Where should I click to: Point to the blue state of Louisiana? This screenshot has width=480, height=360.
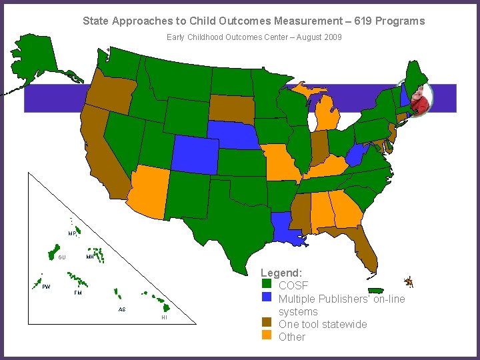[x=287, y=229]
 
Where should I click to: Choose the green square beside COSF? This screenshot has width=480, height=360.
[x=267, y=286]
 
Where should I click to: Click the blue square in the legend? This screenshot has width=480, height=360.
[x=267, y=298]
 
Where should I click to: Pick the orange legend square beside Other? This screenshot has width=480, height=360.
[x=267, y=336]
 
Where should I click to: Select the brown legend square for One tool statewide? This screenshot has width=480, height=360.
[x=267, y=324]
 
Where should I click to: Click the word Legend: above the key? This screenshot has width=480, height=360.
[x=281, y=273]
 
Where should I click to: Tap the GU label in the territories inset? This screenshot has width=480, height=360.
[x=61, y=257]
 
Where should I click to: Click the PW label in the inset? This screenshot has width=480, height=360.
[x=46, y=287]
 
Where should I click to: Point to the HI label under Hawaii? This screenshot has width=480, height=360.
[x=164, y=317]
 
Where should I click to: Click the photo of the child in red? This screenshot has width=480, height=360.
[x=419, y=99]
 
